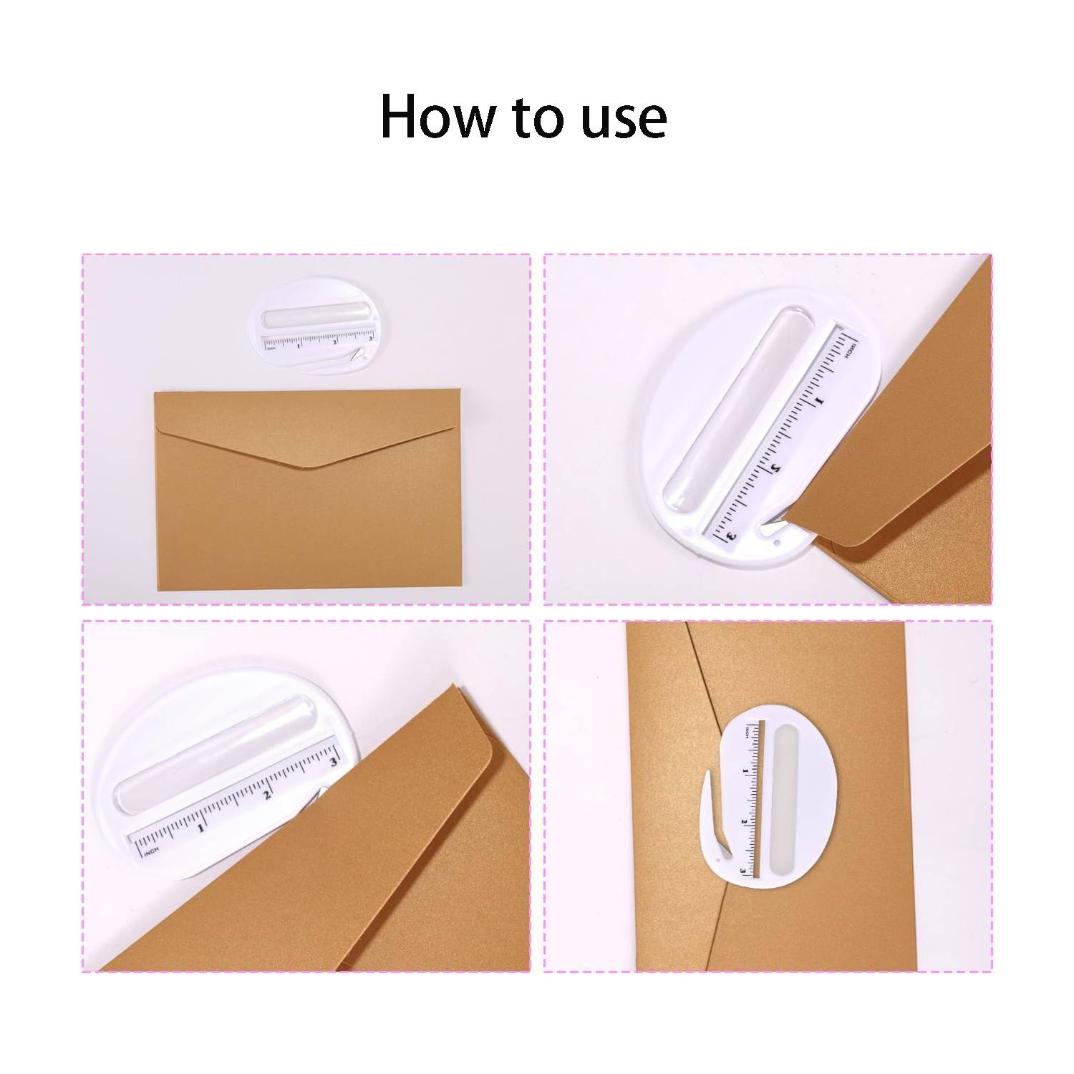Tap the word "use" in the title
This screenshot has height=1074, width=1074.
click(624, 118)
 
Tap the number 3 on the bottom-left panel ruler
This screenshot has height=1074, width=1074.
click(332, 761)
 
